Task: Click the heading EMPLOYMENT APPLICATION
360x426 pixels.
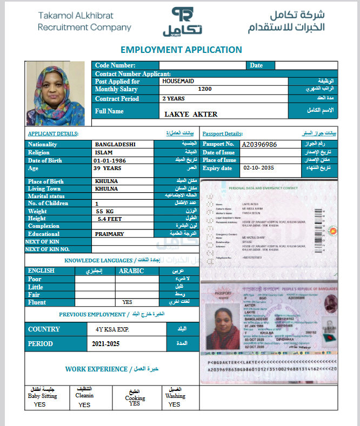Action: point(181,50)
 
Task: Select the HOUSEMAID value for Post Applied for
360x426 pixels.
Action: point(178,81)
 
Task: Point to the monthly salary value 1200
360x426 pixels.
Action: point(205,89)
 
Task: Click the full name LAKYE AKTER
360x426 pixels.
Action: point(191,114)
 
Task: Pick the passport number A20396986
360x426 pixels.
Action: point(259,145)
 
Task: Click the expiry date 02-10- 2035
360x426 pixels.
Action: point(259,168)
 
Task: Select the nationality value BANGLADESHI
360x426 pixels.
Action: point(115,145)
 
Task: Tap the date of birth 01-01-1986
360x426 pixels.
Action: point(110,160)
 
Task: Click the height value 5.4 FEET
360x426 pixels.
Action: point(109,219)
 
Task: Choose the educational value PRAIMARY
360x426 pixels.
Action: point(109,234)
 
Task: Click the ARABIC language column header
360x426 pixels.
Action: point(131,271)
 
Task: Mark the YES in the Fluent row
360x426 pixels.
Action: point(128,302)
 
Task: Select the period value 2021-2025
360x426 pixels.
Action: point(106,343)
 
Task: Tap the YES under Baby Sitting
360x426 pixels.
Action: point(39,404)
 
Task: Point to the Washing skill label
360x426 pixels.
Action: point(175,396)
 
